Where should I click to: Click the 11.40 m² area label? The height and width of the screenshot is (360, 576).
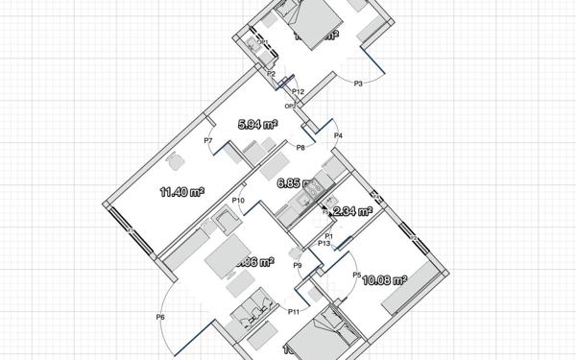[x=181, y=192]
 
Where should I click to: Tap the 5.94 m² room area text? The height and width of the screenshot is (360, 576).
[x=257, y=124]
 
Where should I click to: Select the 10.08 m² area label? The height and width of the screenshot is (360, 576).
[x=387, y=280]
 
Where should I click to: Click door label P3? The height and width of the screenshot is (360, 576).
[x=358, y=84]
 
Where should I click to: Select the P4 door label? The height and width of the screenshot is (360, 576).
[x=338, y=137]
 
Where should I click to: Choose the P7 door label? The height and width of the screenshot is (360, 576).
[x=208, y=141]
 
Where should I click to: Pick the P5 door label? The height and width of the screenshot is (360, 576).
[x=356, y=276]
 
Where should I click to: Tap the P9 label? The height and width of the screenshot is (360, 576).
[x=298, y=265]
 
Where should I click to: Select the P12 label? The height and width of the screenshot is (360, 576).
[x=298, y=91]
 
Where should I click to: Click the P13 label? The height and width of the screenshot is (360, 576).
[x=324, y=244]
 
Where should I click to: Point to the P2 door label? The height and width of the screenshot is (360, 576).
[x=272, y=74]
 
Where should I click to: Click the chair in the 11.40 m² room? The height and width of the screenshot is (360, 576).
[x=176, y=161]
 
